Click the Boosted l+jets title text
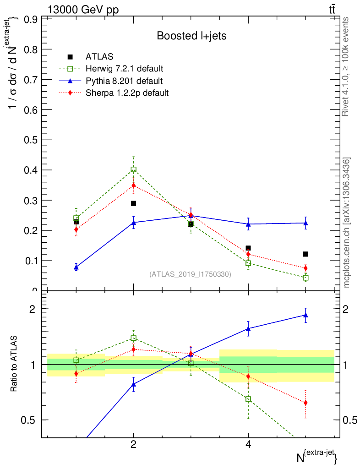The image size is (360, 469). pyautogui.click(x=191, y=36)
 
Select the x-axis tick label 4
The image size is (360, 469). pyautogui.click(x=248, y=444)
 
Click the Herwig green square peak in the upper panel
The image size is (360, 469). pyautogui.click(x=133, y=169)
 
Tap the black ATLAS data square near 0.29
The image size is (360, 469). pyautogui.click(x=133, y=203)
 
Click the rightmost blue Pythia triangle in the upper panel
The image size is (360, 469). pyautogui.click(x=305, y=223)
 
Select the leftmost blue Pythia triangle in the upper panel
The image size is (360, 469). pyautogui.click(x=76, y=267)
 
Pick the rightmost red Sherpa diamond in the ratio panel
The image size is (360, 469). pyautogui.click(x=305, y=403)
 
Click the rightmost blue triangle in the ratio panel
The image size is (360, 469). pyautogui.click(x=305, y=315)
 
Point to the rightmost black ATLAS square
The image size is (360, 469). pyautogui.click(x=305, y=254)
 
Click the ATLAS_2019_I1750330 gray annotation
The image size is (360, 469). pyautogui.click(x=190, y=274)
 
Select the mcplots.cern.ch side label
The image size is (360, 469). pyautogui.click(x=347, y=223)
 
